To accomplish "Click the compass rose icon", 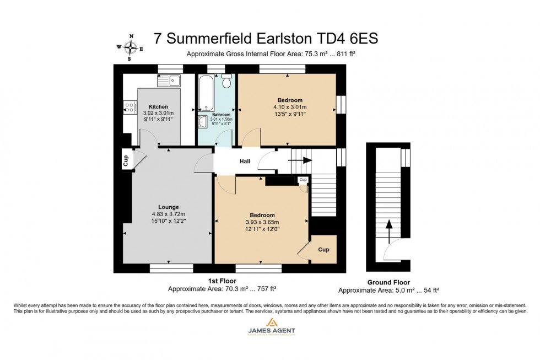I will click(x=130, y=47).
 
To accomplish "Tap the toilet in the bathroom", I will click(x=226, y=82).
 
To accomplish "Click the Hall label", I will click(x=245, y=162).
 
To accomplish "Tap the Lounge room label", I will click(x=168, y=207).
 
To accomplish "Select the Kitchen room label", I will click(x=158, y=106).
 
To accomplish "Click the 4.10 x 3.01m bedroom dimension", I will click(x=289, y=107).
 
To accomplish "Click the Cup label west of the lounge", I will click(x=126, y=160).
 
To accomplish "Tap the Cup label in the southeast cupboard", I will click(x=324, y=250).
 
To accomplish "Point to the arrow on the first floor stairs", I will click(x=300, y=161).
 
